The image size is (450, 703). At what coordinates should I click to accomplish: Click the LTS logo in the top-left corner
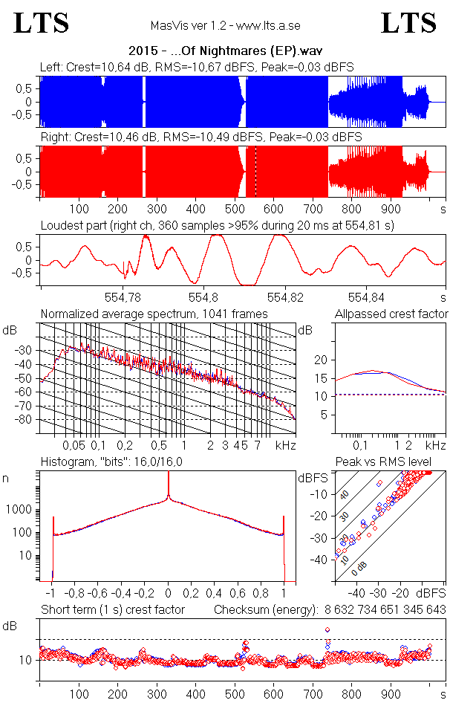42,23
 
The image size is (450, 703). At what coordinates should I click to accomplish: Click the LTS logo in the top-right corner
408,23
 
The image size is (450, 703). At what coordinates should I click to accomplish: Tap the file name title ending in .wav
225,51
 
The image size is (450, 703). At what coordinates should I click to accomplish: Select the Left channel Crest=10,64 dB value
103,68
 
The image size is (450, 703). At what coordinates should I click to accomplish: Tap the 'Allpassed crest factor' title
391,314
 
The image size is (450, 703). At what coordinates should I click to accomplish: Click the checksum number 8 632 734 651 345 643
385,610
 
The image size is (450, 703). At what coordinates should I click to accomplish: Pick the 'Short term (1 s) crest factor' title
112,610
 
